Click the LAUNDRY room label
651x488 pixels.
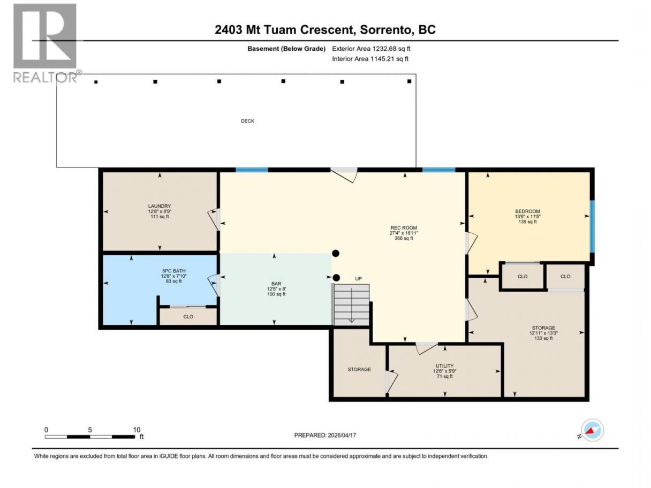160,206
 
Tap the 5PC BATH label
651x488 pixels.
174,271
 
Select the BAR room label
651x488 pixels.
276,284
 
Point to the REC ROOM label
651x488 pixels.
404,228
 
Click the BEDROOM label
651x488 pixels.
527,211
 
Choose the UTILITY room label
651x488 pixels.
444,365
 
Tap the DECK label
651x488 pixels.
247,121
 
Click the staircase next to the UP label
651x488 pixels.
351,304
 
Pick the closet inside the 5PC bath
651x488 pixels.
188,316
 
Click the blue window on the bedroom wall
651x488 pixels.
592,227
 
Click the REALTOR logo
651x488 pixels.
46,43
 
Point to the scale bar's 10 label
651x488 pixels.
137,430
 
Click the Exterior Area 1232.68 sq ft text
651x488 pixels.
371,49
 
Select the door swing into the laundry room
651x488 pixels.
214,219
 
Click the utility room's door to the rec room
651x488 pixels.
427,348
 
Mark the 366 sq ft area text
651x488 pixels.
404,238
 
